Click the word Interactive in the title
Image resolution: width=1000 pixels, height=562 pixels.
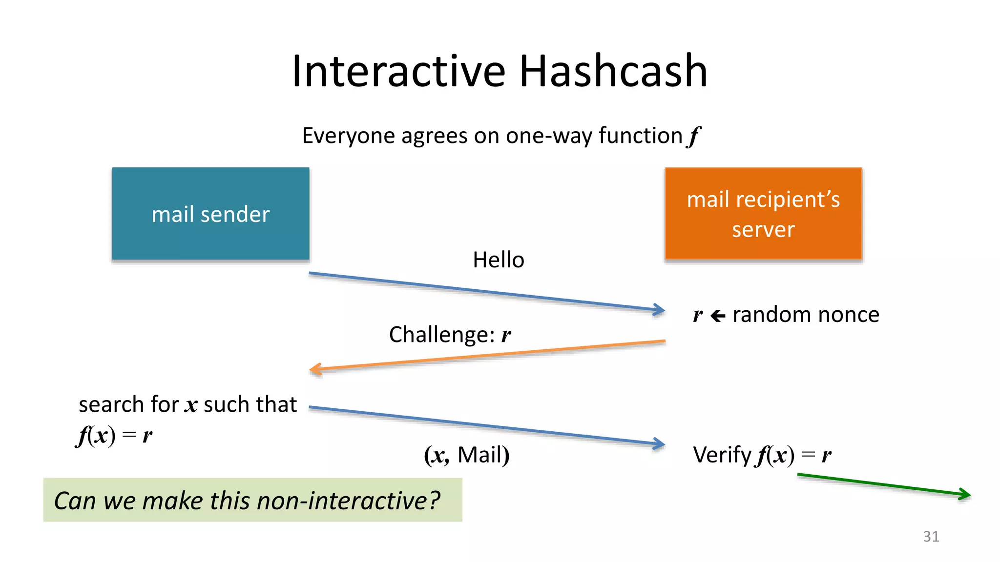coord(398,71)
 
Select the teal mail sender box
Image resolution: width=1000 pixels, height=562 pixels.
coord(210,214)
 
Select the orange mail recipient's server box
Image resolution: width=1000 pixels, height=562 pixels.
coord(763,214)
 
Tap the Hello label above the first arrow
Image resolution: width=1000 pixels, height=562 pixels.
coord(498,260)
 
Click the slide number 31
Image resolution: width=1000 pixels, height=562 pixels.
coord(931,536)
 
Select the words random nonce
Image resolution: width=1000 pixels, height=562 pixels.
coord(806,315)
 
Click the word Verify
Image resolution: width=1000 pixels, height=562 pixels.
coord(722,455)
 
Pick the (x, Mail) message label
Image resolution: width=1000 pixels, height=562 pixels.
coord(466,455)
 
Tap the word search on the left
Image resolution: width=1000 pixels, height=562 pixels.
coord(111,404)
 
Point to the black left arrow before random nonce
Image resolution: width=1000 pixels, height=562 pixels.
coord(717,316)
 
